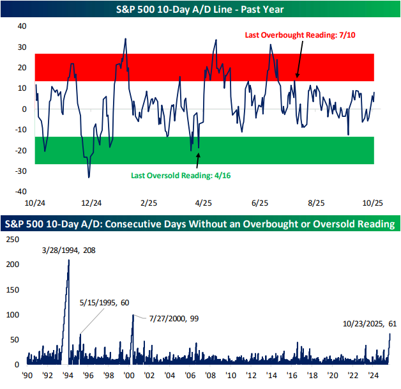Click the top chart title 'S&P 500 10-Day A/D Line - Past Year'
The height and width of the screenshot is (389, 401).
point(200,9)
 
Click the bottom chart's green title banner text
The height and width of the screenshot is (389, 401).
point(200,224)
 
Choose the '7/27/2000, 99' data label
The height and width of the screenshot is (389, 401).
point(174,317)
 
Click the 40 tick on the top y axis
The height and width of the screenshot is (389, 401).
point(21,26)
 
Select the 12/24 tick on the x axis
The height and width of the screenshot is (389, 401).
point(92,202)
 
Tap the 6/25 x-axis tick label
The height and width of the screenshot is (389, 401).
point(260,202)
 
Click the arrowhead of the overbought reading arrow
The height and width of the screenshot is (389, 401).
point(296,78)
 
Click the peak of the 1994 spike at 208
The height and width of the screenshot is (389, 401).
point(69,260)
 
